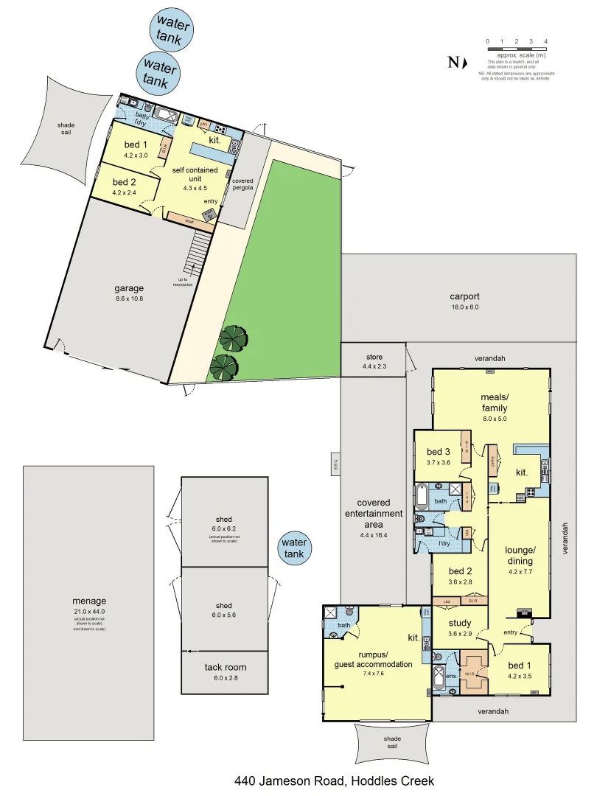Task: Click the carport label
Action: (464, 297)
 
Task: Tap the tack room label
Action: (226, 668)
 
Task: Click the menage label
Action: (89, 600)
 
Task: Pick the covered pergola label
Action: (242, 184)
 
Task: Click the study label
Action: (459, 624)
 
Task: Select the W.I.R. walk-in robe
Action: (475, 673)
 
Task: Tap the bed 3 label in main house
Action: (438, 452)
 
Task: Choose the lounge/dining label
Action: (520, 555)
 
